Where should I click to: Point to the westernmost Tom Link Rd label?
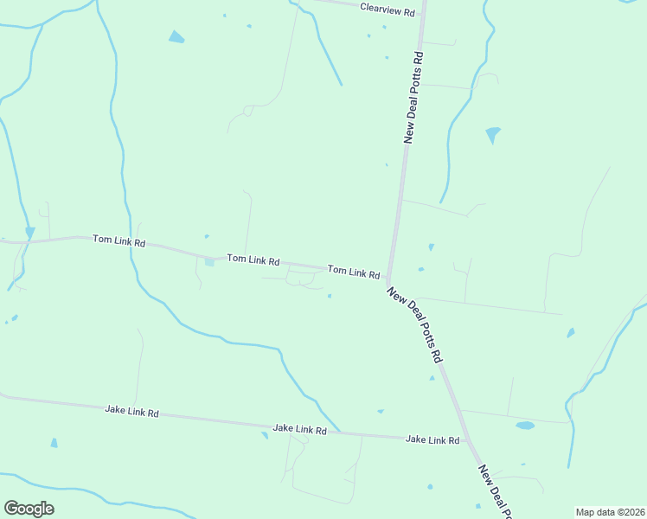coord(119,240)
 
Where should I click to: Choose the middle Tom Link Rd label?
coord(253,259)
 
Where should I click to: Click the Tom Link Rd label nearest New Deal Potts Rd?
coord(354,272)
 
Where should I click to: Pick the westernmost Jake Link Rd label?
coord(131,413)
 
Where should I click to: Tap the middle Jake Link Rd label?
coord(299,429)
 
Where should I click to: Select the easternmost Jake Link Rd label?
coord(432,440)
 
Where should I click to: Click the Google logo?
coord(29,509)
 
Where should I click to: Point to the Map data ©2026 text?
coord(610,512)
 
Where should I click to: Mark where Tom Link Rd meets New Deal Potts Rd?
coord(389,279)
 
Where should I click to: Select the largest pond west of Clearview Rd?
coord(176,37)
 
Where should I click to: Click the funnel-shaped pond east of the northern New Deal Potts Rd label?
coord(493,134)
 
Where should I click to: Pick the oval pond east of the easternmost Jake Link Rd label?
coord(525,426)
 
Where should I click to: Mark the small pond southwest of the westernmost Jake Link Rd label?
coord(54,443)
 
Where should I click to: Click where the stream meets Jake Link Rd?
coord(340,432)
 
